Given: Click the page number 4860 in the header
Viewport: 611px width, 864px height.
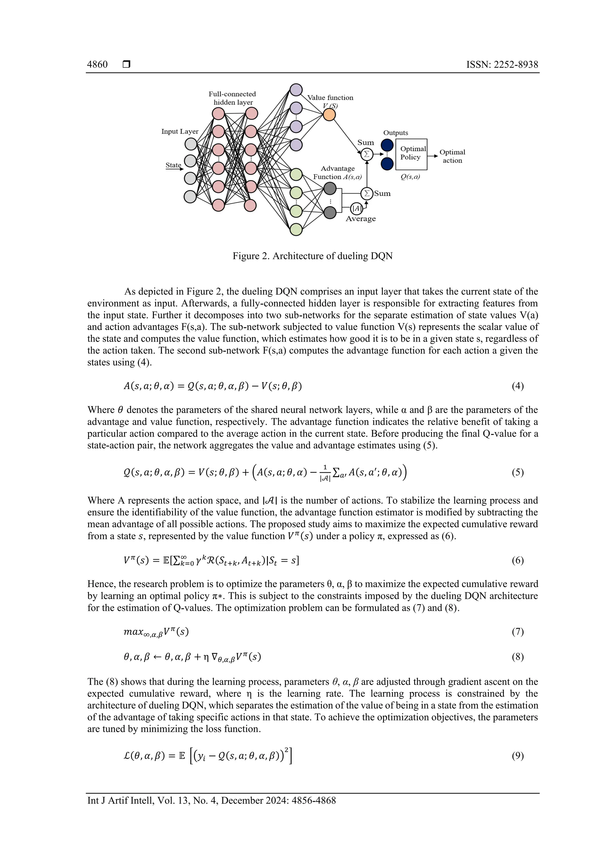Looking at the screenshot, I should pos(97,64).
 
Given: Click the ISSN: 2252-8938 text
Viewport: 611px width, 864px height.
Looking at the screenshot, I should pos(502,64).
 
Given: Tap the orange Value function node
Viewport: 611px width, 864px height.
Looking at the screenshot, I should pos(329,115).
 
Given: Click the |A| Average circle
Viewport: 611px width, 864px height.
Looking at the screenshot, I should pos(357,208).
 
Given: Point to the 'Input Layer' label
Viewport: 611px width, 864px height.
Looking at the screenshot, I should pos(180,131).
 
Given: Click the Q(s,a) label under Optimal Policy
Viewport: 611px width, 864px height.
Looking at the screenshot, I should pos(410,177).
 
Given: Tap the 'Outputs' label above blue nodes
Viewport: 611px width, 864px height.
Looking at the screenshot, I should pos(395,133).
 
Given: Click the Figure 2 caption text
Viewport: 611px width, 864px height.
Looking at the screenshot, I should pos(312,256).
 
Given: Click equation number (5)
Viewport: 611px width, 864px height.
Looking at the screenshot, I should pos(517,472).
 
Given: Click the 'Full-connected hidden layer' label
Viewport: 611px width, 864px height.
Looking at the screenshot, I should pos(232,98).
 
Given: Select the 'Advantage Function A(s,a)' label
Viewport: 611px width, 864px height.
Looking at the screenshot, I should pos(337,173).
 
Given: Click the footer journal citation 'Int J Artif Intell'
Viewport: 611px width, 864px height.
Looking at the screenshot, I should pos(121,800).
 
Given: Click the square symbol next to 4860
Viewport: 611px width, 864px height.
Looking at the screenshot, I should pos(126,64).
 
